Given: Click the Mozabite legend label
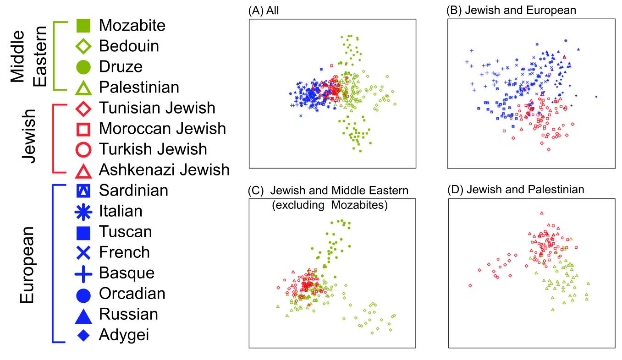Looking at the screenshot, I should [x=132, y=25].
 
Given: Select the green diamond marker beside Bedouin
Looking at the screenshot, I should [x=83, y=46].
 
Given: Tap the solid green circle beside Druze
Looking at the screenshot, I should [x=83, y=66].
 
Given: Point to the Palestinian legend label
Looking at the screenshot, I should [x=139, y=87].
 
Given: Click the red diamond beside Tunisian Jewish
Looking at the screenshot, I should [x=83, y=108].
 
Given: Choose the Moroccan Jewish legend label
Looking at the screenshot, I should [x=162, y=129].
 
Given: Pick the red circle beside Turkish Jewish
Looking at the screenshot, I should [x=83, y=149].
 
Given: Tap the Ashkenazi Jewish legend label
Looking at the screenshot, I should [x=164, y=170].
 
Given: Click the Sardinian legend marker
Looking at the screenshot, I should [x=83, y=191].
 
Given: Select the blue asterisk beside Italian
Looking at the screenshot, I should [x=83, y=211].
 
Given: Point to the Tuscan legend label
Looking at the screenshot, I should [x=125, y=232].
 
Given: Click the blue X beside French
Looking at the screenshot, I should [x=83, y=252].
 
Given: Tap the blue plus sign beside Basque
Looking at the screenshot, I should [x=83, y=273].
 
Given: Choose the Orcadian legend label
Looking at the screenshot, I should [x=132, y=294].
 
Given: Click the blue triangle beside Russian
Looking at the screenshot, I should [x=83, y=314].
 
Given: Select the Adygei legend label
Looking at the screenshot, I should [x=124, y=335].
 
